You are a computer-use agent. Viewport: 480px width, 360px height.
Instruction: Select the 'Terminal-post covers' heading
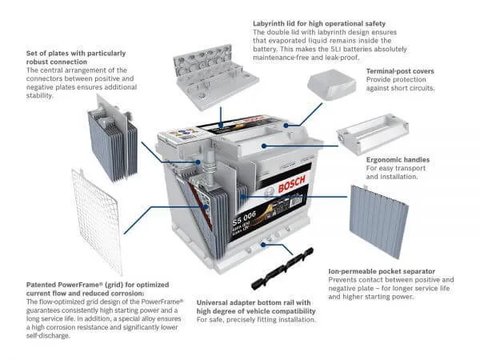pyautogui.click(x=400, y=71)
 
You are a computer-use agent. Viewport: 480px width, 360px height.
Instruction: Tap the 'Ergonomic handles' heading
pyautogui.click(x=397, y=160)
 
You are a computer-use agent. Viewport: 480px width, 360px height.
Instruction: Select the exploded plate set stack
pyautogui.click(x=111, y=135)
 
